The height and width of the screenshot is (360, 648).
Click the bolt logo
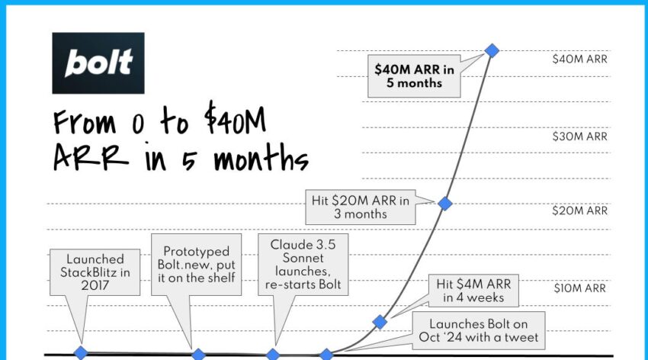[x=98, y=63]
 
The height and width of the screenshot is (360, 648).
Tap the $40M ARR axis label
[x=580, y=59]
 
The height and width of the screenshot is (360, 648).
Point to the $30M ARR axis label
[x=580, y=137]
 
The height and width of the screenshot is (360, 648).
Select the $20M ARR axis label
[x=580, y=211]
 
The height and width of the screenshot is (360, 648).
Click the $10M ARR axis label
[x=580, y=288]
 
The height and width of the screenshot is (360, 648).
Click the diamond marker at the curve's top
[x=492, y=50]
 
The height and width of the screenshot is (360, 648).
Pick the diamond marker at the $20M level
[x=445, y=204]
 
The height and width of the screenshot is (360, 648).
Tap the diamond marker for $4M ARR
[x=380, y=322]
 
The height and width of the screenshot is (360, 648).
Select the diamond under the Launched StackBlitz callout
[x=81, y=353]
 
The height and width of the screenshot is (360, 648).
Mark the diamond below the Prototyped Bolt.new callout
[x=198, y=354]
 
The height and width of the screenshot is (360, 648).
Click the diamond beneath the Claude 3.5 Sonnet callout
[x=273, y=354]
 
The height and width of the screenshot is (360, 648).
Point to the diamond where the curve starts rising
[x=326, y=354]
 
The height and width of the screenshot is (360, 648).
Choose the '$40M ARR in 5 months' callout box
[x=414, y=76]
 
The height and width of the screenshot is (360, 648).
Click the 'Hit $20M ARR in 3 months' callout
[x=361, y=207]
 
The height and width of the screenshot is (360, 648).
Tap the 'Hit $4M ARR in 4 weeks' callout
[x=473, y=291]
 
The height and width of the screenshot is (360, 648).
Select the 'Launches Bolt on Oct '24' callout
[x=479, y=330]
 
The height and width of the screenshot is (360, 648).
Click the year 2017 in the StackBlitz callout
[x=95, y=285]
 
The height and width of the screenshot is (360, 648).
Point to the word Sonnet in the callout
[x=303, y=259]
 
